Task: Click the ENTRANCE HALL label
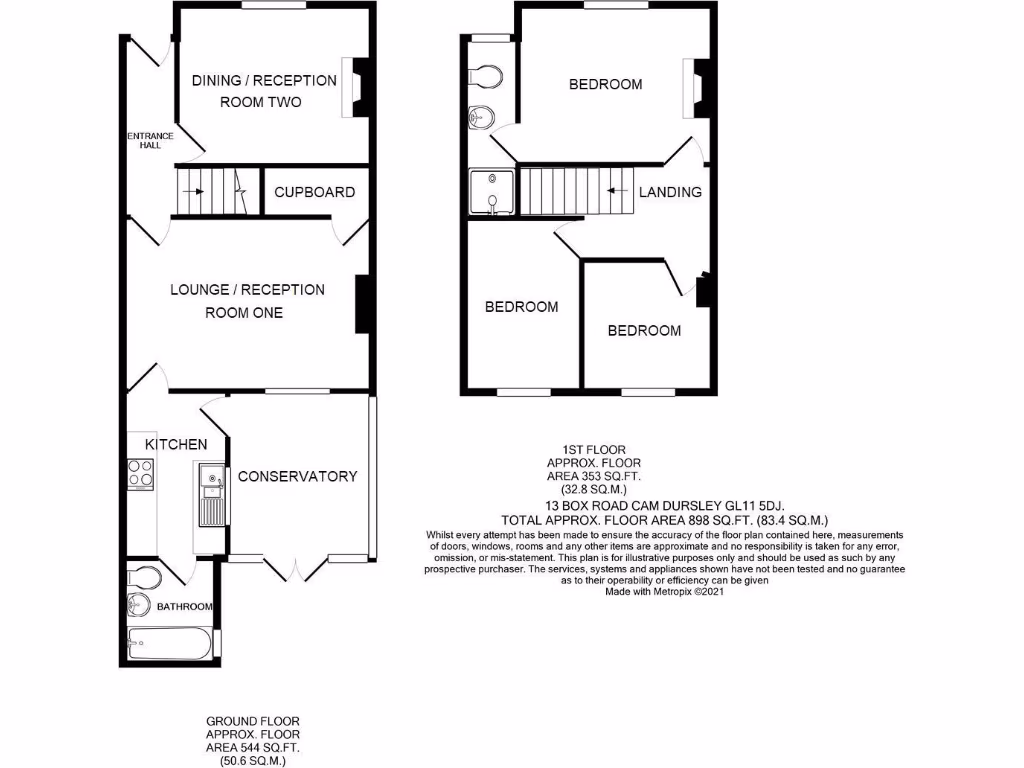tap(149, 140)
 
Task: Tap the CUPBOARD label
tap(314, 192)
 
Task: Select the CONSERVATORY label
tap(297, 476)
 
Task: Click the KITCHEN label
tap(176, 444)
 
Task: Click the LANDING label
tap(670, 192)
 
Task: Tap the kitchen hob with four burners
tap(140, 473)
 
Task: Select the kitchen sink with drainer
tap(211, 495)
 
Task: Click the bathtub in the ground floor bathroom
tap(170, 643)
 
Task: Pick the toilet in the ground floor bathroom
tap(143, 577)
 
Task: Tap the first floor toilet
tap(485, 77)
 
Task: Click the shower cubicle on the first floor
tap(491, 192)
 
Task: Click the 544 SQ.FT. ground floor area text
tap(253, 748)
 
